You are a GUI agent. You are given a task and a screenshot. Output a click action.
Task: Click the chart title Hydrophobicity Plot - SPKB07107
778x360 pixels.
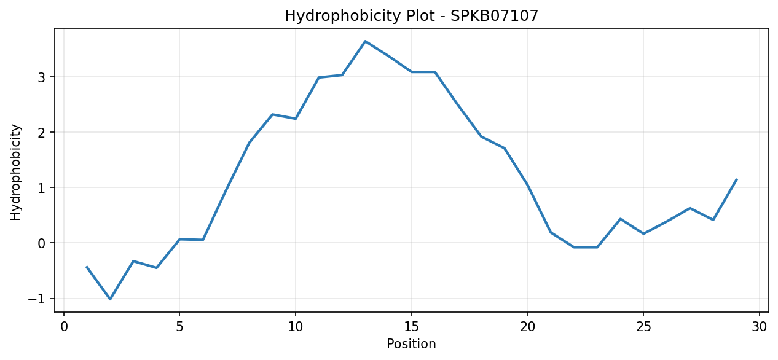[411, 16]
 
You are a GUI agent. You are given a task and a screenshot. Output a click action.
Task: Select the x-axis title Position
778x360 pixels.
[411, 343]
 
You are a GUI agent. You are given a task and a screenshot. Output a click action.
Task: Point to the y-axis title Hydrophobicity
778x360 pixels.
[15, 172]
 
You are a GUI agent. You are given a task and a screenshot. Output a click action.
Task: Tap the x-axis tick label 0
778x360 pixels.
[64, 327]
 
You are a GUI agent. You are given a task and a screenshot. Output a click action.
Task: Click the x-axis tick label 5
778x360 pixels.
[179, 327]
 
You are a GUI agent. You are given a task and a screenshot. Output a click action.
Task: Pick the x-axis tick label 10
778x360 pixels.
[295, 327]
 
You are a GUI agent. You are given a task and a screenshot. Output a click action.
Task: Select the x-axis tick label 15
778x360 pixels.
[412, 327]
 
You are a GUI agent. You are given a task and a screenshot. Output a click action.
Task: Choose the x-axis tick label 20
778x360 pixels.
[528, 327]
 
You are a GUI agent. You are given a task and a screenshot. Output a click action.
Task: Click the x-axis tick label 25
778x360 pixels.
[643, 327]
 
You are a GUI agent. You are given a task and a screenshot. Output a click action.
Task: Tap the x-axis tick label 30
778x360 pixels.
[759, 327]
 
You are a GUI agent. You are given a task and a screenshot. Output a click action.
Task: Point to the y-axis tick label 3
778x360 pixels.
[42, 77]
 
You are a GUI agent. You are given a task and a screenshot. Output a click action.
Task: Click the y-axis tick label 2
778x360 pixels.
[42, 132]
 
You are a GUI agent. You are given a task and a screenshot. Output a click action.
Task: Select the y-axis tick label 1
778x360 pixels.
[42, 188]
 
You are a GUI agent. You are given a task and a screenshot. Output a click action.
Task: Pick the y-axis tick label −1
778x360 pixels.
[37, 299]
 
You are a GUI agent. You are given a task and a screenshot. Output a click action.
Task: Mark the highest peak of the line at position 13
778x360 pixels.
[365, 41]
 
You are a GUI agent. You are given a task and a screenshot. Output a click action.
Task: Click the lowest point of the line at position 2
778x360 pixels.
[110, 299]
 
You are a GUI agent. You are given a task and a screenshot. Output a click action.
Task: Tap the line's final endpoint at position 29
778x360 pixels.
[736, 179]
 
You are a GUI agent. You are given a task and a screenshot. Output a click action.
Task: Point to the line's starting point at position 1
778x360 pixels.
[87, 267]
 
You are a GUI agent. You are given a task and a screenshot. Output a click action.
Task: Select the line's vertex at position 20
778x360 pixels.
[528, 185]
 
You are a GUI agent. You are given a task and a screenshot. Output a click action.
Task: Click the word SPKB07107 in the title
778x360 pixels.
[495, 16]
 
